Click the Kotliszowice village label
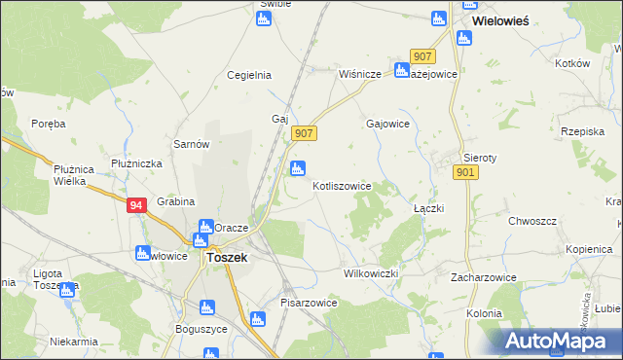point(342,185)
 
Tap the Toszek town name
point(227,258)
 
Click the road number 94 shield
point(137,204)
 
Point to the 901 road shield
point(464,171)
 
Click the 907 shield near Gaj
point(304,132)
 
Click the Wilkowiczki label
point(371,274)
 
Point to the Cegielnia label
point(248,74)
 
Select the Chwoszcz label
point(532,221)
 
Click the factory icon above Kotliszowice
point(298,168)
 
